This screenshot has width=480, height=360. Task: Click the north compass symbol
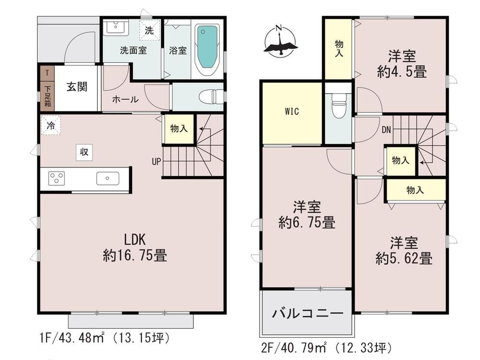[280, 42]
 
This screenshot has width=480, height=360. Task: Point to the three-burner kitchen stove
[57, 179]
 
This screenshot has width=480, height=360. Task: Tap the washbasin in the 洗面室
[115, 27]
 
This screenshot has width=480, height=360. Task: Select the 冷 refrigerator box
[50, 126]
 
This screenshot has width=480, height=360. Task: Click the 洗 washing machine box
[150, 31]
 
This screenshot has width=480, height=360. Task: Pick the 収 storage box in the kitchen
[84, 152]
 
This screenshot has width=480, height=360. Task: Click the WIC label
[292, 112]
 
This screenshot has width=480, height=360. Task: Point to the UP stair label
[156, 162]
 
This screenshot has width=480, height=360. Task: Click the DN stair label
[386, 130]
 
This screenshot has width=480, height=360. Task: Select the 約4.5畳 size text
[402, 72]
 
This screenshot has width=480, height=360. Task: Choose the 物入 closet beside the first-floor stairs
[179, 129]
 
